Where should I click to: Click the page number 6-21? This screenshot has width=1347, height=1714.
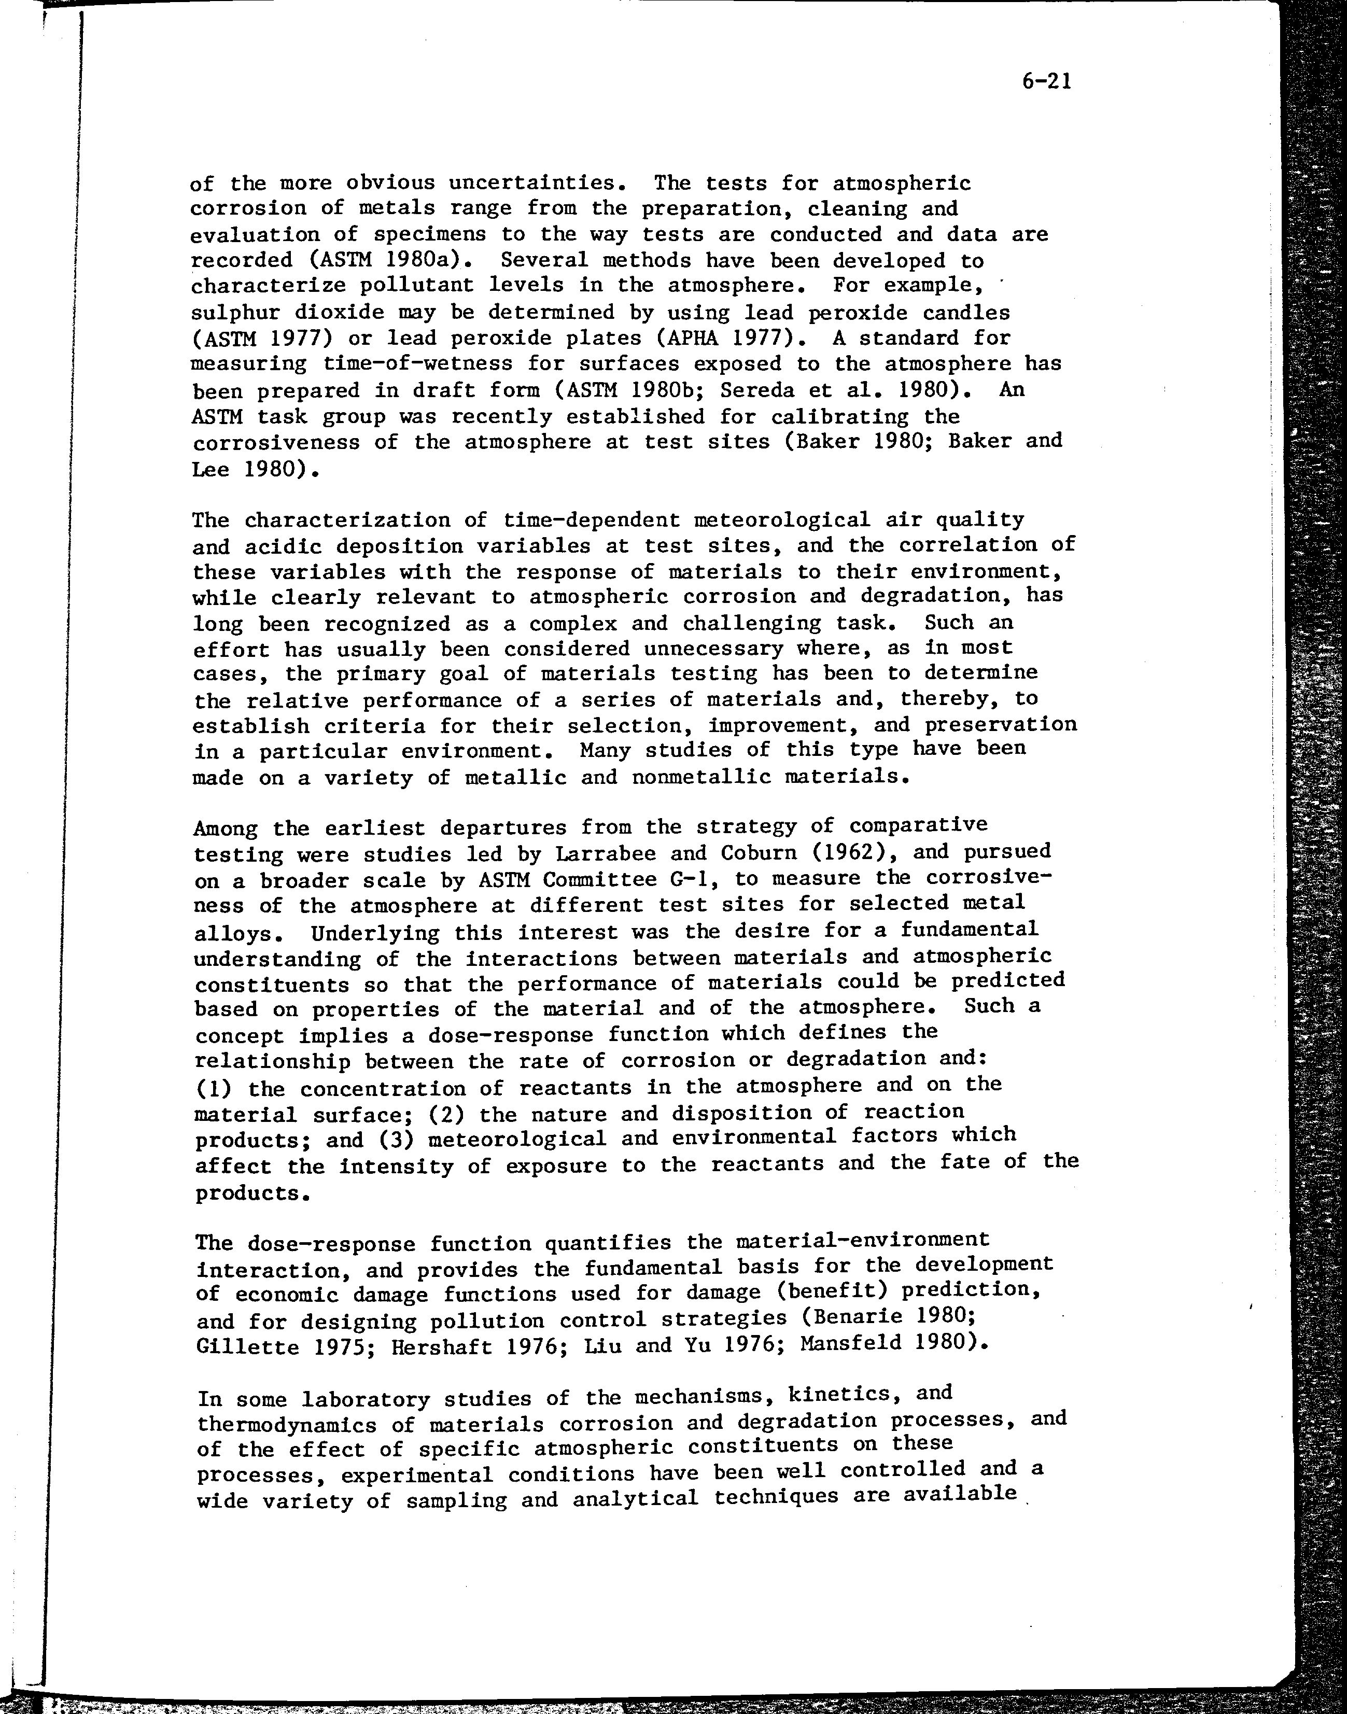click(1046, 81)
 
